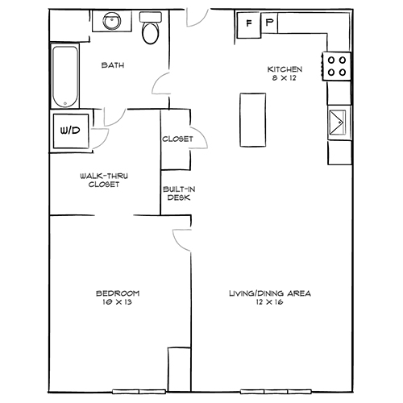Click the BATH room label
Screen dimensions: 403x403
(113, 65)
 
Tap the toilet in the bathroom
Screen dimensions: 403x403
(150, 29)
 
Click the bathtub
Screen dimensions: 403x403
(64, 77)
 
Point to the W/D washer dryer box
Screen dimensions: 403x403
(66, 130)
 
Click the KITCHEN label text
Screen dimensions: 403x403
(285, 70)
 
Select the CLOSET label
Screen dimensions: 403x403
(177, 139)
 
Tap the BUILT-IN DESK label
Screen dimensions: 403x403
(177, 193)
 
